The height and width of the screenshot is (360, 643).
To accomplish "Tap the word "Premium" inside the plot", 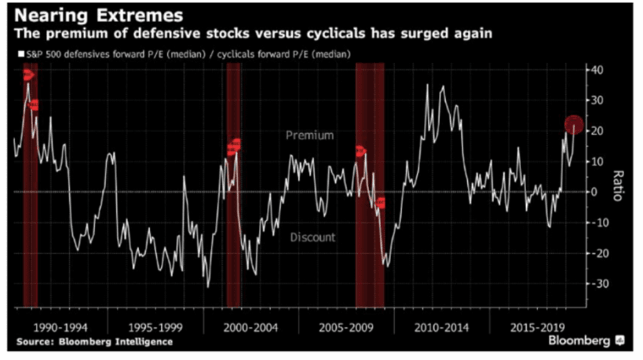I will click(x=310, y=135).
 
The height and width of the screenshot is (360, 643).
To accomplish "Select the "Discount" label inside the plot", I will click(x=312, y=237).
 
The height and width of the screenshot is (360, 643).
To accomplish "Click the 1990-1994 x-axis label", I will click(x=61, y=328).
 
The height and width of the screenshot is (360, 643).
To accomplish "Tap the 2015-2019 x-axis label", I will click(x=539, y=328).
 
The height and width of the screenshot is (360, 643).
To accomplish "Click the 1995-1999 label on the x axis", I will click(x=157, y=328).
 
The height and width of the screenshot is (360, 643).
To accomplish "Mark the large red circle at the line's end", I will click(x=574, y=125).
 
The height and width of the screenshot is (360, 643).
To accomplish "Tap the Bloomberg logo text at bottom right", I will click(x=579, y=341).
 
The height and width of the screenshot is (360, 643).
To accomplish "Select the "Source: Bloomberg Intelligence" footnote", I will click(x=94, y=342).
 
